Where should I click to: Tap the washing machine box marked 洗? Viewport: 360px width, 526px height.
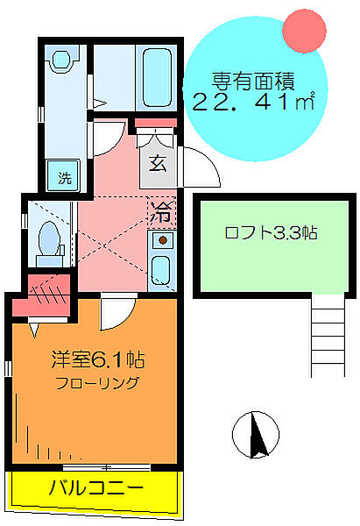(x=64, y=174)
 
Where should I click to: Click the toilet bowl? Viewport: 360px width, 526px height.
(x=49, y=237)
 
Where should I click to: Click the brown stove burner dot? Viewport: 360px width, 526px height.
(x=161, y=239)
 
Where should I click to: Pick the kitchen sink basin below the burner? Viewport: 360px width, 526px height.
(x=161, y=268)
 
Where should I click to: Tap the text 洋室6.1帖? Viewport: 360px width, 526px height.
(x=97, y=359)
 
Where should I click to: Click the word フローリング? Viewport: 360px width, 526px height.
(x=98, y=382)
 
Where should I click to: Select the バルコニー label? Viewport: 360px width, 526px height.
(x=95, y=487)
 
